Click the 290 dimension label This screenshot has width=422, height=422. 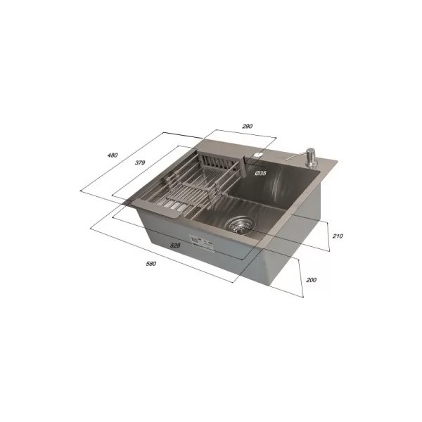coord(248,126)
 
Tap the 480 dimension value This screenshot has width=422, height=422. coord(113,155)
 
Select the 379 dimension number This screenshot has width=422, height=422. coord(140,162)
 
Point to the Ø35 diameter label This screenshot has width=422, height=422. coord(260,173)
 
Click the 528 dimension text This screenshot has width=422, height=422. coord(175,245)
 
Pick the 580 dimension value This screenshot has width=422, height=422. coord(151,264)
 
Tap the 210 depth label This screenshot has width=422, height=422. coord(338,236)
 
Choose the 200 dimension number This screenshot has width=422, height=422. coord(312,280)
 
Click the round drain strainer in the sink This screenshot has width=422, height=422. coord(240,224)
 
